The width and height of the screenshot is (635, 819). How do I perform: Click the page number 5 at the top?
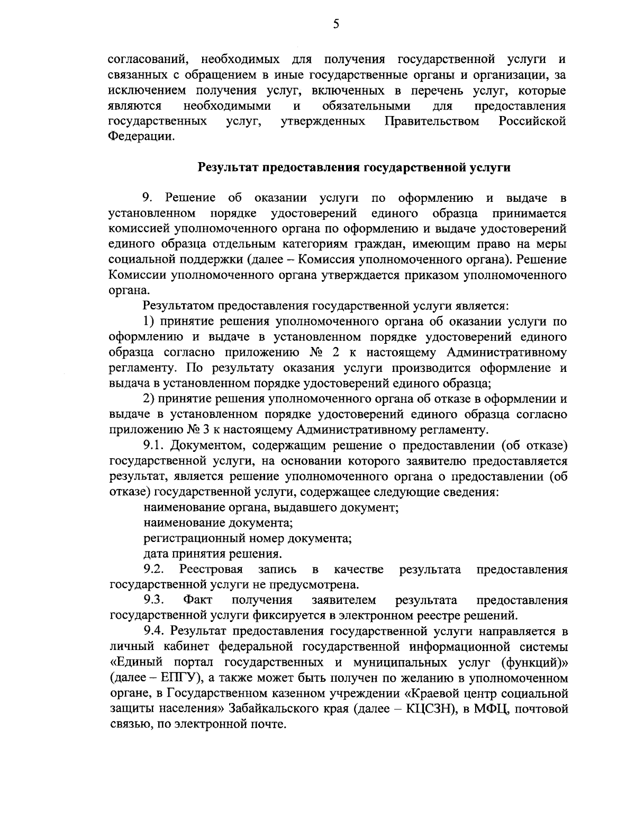336,24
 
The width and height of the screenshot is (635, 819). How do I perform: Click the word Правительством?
432,121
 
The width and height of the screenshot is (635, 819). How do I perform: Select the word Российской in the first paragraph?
532,121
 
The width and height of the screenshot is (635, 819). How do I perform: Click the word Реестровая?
211,569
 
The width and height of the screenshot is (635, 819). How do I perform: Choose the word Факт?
197,600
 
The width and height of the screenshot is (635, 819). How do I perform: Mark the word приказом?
430,275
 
